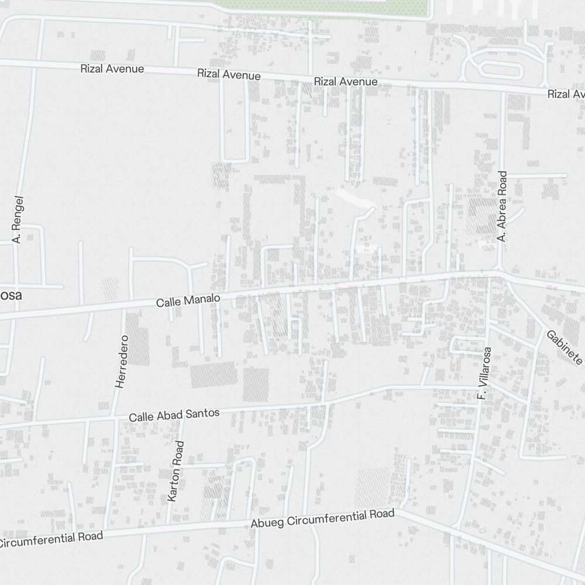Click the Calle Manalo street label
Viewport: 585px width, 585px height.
188,301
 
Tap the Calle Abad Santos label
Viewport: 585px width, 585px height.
174,415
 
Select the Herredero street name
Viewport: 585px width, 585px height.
121,361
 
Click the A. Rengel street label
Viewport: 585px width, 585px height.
17,219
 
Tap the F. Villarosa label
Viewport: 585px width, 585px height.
484,373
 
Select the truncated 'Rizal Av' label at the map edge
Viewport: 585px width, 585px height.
566,94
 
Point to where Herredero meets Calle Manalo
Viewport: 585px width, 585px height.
125,308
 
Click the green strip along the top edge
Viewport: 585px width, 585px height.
328,6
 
